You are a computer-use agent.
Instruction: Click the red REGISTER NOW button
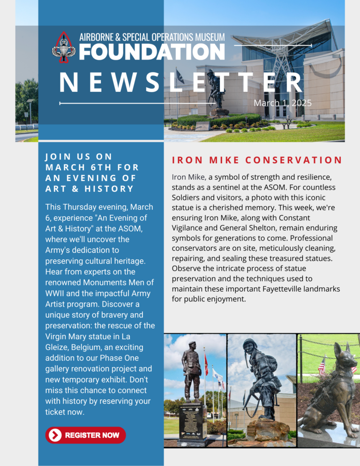point(85,435)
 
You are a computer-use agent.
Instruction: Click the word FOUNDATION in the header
point(151,52)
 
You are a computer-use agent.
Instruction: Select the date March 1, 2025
point(283,103)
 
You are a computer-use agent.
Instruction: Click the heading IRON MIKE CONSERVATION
point(257,160)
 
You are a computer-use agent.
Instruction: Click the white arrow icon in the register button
point(55,435)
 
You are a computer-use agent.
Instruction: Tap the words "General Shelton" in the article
point(244,227)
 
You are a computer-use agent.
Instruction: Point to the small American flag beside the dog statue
point(322,365)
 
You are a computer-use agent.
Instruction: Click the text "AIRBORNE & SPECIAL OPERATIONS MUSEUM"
point(152,37)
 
